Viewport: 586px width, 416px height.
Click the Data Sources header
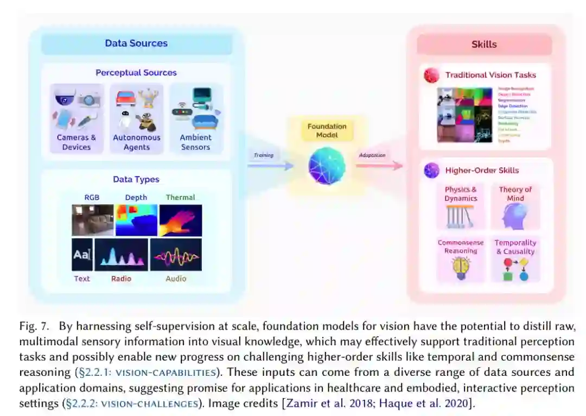click(136, 43)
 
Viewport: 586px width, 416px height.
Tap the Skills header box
click(484, 44)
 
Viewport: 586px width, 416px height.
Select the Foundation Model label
click(327, 131)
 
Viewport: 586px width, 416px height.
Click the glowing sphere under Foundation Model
click(327, 165)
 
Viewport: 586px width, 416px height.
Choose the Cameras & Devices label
click(77, 142)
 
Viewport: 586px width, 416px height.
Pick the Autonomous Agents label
click(137, 142)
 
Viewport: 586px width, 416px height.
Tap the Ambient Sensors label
click(195, 142)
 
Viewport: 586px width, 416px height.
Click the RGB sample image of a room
click(93, 220)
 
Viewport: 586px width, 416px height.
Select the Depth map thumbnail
click(136, 220)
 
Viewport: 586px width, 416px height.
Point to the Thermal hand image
click(180, 220)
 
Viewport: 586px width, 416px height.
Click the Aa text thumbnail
click(82, 254)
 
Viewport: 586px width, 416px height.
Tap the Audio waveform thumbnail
click(176, 254)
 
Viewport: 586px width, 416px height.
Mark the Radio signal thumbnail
click(121, 254)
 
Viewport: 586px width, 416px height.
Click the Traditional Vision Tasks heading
click(491, 75)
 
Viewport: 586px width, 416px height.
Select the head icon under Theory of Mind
click(514, 216)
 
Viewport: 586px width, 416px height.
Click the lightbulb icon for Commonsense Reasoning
click(461, 268)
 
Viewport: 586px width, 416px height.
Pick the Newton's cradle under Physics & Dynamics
click(461, 216)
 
